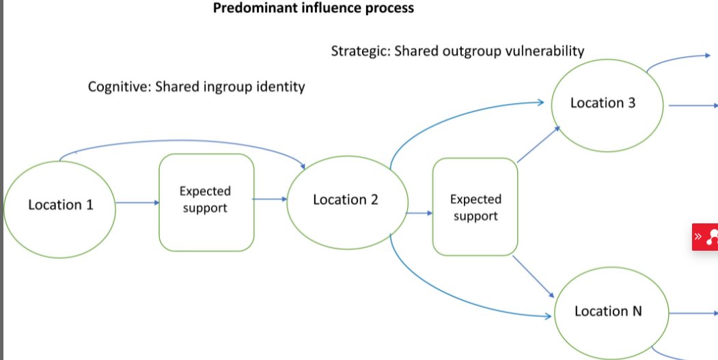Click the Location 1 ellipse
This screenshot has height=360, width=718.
[x=60, y=204]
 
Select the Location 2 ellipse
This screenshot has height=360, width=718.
[x=346, y=200]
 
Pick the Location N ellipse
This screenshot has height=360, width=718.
[x=608, y=311]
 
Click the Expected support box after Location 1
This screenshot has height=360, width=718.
[x=206, y=200]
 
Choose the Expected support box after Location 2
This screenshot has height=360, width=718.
[x=475, y=207]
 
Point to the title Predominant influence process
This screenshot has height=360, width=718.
[x=314, y=9]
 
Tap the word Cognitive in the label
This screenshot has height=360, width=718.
[x=118, y=87]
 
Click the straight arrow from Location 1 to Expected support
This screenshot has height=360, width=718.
[x=137, y=203]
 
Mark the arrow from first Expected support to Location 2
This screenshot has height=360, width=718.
[x=270, y=199]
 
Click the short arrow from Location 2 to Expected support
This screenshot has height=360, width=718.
[x=419, y=212]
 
